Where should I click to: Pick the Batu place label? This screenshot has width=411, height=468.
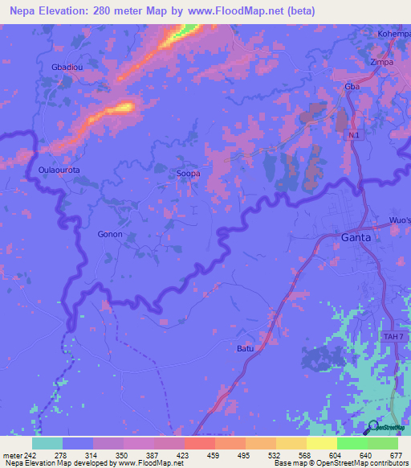tap(245, 348)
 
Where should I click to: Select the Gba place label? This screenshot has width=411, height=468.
tap(352, 86)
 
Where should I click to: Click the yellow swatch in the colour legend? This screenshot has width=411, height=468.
tap(321, 443)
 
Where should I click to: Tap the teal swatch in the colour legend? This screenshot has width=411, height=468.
tap(47, 443)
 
